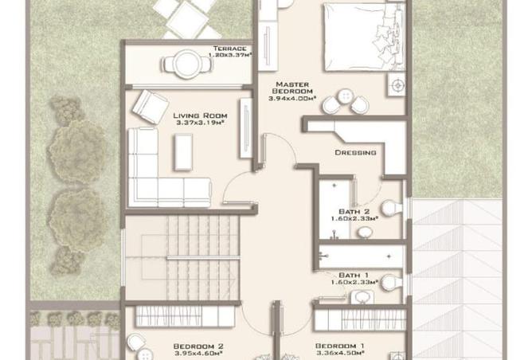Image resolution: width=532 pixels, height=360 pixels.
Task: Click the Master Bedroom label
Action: coord(292,88)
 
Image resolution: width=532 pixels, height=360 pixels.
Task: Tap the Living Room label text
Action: coord(200,115)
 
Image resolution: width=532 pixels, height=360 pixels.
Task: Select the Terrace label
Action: coord(229,48)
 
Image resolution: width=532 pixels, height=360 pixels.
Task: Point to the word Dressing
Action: coord(355,153)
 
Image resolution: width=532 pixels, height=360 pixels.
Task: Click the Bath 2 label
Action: coord(354,212)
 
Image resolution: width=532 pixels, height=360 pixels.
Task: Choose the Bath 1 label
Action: coord(354,275)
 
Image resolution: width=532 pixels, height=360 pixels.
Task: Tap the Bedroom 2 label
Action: coord(198,346)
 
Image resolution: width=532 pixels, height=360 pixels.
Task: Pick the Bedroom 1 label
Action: coord(339,346)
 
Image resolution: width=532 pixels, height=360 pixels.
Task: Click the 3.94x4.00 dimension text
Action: coord(292,99)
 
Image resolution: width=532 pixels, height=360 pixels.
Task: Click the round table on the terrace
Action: coord(187,65)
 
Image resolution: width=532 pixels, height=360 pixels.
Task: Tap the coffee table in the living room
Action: coord(183,152)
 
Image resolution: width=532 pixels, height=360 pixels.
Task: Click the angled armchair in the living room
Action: coord(150,107)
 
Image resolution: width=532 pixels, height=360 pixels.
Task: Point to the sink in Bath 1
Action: coord(362,297)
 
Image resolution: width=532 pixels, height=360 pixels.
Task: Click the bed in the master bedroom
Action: coord(364,37)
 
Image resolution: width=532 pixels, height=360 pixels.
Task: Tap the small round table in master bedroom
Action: coord(346,96)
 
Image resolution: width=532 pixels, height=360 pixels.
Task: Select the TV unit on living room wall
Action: coord(246,128)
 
